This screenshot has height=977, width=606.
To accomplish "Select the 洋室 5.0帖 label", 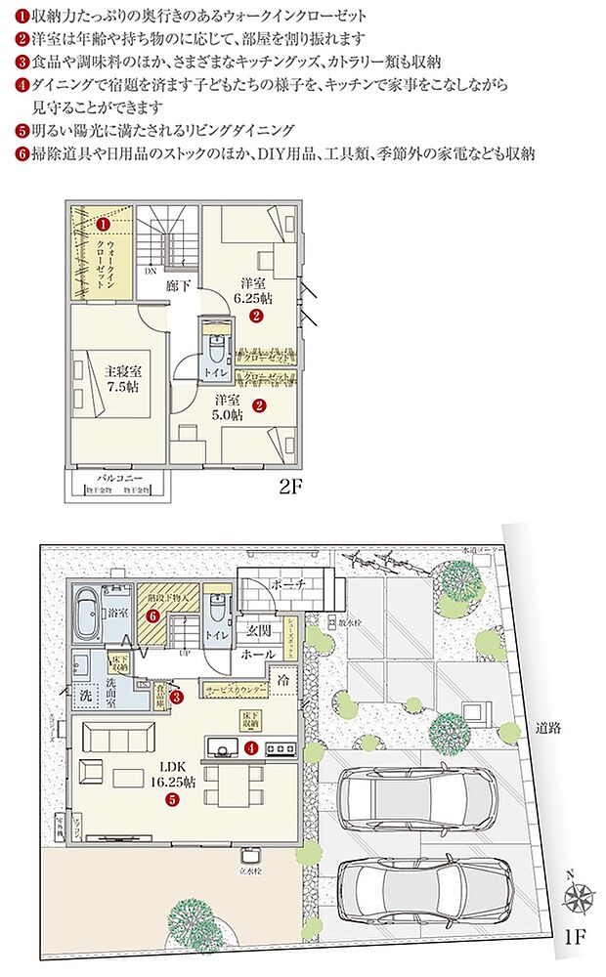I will [x=232, y=406].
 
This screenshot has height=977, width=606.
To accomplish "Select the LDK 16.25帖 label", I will [x=171, y=780].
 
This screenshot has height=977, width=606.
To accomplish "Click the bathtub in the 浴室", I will [x=88, y=601].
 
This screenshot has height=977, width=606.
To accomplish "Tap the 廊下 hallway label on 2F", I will [x=178, y=286].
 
